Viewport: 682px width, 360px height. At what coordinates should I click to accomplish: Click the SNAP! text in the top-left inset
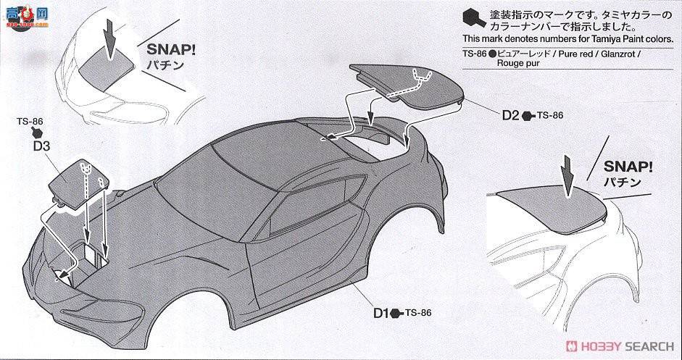pos(172,51)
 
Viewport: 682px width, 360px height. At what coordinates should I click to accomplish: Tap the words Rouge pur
pos(517,63)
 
